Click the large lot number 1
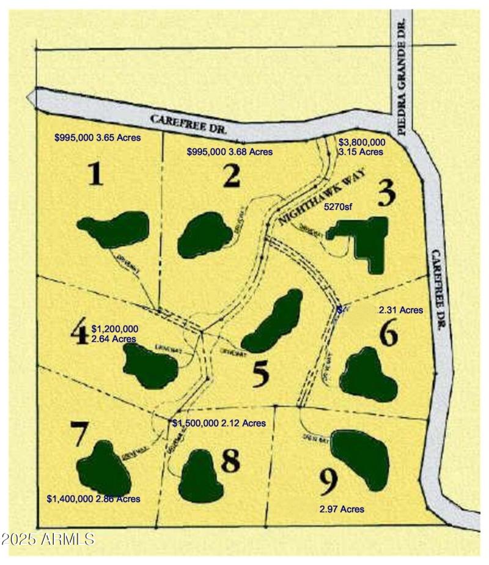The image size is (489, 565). coord(94,175)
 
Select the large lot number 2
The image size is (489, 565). coord(231,177)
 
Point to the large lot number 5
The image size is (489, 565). coord(262,375)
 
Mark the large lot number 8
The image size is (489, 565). coord(230,462)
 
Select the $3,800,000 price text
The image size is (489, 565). coord(362,141)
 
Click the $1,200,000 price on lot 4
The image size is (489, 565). coord(114,329)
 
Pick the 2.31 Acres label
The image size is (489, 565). coord(401,310)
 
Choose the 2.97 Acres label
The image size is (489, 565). coord(342,509)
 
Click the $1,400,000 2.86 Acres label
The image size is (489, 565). coord(94,499)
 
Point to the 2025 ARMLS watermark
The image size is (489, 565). coord(48,539)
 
